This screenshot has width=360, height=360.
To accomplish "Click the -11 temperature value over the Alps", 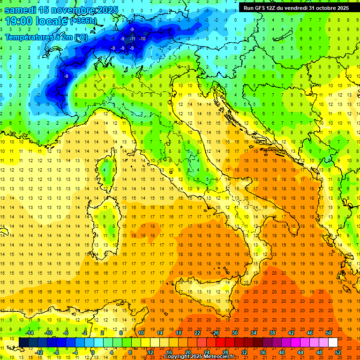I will click(x=133, y=38).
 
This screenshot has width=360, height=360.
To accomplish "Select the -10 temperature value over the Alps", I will click(x=142, y=38).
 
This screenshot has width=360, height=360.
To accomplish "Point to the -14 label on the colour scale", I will click(x=29, y=333).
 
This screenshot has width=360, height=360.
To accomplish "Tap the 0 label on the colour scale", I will click(x=93, y=352).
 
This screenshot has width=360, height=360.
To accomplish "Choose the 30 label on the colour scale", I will click(x=235, y=333).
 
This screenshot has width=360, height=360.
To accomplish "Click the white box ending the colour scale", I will click(x=333, y=342).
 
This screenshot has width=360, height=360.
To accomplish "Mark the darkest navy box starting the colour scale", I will click(x=23, y=342).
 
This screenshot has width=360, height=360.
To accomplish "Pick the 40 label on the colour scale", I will click(x=282, y=352).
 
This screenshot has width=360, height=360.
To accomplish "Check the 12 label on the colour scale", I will click(x=150, y=352).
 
